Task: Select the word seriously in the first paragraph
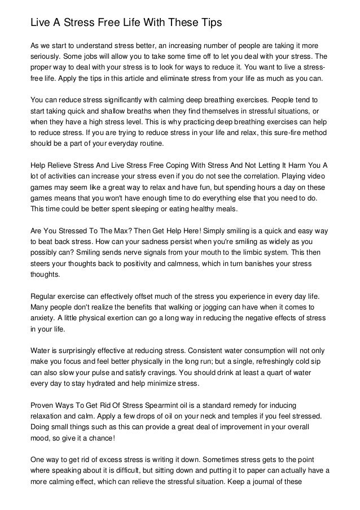[47, 57]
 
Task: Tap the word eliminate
[168, 79]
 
